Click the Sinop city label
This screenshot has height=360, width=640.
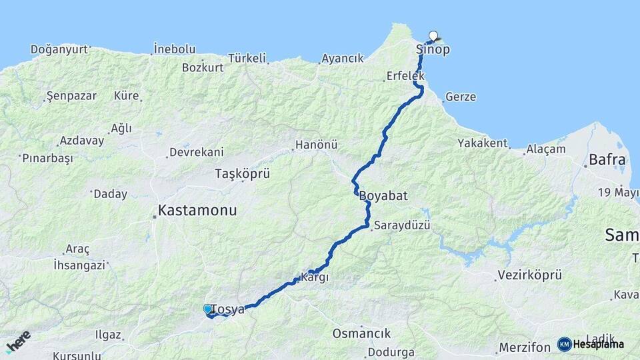[x=433, y=50]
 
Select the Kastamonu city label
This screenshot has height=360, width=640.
[x=197, y=211]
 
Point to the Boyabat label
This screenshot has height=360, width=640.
[x=383, y=197]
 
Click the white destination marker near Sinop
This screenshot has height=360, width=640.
[x=433, y=36]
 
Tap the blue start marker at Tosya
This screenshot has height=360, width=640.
[x=207, y=309]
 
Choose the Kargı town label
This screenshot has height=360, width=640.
[x=315, y=277]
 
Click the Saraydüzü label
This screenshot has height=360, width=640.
[x=402, y=226]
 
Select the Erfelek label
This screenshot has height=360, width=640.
[x=405, y=77]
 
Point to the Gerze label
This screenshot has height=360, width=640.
[x=461, y=97]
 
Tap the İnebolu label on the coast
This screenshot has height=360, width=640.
[x=175, y=49]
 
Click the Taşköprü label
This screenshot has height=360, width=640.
[x=242, y=173]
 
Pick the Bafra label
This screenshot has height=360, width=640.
[x=607, y=160]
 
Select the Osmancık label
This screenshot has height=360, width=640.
[x=361, y=333]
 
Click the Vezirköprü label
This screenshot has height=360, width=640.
[x=530, y=275]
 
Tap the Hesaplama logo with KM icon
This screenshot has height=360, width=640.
[x=591, y=344]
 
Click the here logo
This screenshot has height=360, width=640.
[x=18, y=342]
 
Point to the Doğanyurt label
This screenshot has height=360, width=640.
[x=59, y=49]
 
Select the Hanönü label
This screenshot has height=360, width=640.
[x=316, y=145]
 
